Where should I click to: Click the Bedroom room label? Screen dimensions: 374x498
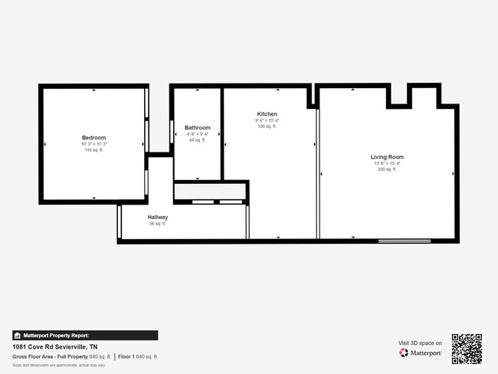tap(93, 138)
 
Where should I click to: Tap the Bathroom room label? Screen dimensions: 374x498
tap(197, 127)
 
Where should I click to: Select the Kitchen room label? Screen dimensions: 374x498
tap(267, 114)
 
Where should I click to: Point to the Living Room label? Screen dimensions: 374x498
tap(387, 157)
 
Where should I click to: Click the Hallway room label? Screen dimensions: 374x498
tap(158, 218)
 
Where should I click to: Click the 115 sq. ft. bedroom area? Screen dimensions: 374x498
tap(93, 150)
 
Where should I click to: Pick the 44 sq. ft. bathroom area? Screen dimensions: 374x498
tap(197, 140)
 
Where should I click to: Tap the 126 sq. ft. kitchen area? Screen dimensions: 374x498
tap(267, 126)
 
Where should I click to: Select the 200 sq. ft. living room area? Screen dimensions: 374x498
tap(387, 169)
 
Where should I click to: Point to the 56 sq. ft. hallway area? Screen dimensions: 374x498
tap(158, 224)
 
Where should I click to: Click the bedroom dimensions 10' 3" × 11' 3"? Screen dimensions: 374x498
tap(93, 144)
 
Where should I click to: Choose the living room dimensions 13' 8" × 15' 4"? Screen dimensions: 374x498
tap(387, 163)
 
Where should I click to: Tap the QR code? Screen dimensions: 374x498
tap(467, 348)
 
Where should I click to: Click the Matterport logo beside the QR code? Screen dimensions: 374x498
tap(421, 353)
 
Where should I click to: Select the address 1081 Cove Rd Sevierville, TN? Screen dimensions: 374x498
tap(54, 346)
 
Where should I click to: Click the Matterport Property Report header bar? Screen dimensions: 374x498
tap(85, 335)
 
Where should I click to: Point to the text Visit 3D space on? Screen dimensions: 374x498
tap(420, 343)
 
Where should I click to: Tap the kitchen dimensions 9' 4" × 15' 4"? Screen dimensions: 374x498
tap(267, 120)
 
